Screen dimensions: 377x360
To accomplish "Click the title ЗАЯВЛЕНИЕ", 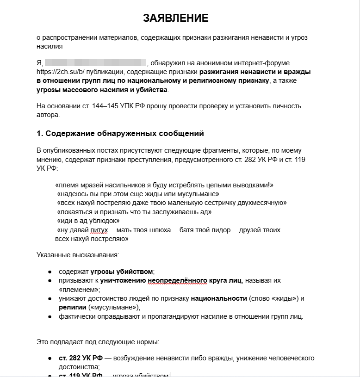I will (x=176, y=18).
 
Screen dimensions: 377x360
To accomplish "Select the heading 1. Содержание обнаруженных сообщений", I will (x=120, y=134).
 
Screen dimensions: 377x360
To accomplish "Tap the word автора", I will (x=48, y=115).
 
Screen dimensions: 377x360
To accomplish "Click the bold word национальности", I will (x=219, y=298).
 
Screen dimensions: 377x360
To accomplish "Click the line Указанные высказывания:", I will (x=78, y=254).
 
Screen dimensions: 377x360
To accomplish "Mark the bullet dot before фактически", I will (x=50, y=317).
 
